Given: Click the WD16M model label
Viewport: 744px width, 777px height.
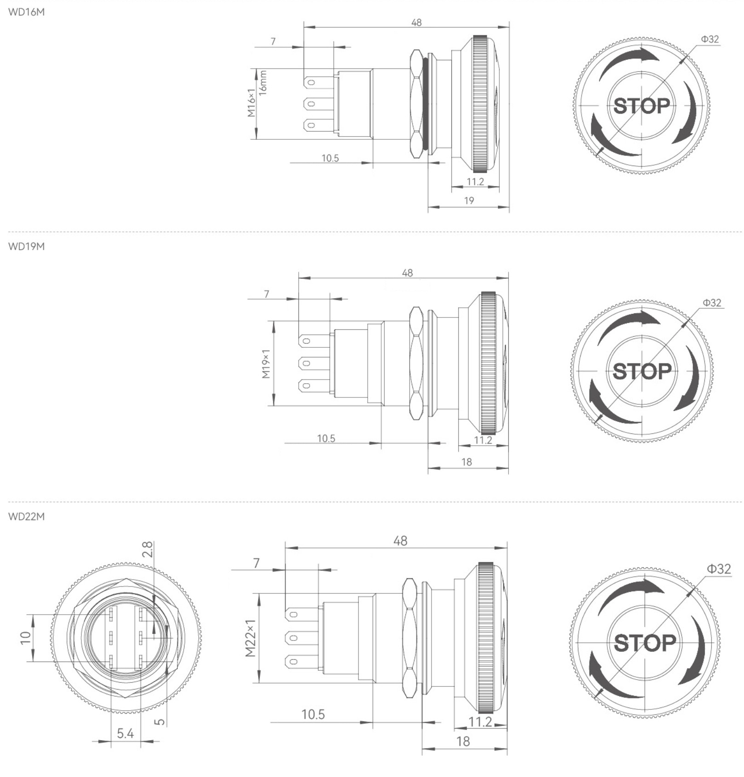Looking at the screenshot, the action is point(27,12).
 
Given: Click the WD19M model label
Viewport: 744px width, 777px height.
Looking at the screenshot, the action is point(27,246).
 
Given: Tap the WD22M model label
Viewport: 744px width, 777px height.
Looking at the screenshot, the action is point(27,517).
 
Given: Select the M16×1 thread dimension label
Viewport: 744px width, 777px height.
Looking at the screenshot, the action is point(251,103).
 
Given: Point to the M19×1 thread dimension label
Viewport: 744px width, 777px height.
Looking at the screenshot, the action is point(266,363).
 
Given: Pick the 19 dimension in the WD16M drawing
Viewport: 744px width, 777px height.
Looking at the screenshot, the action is point(469,201).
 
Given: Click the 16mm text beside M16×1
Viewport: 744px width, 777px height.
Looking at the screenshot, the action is point(263,83).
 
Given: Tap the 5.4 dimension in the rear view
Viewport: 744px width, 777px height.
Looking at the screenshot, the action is point(125,733).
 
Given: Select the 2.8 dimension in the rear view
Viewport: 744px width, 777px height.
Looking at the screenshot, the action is point(147,549).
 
